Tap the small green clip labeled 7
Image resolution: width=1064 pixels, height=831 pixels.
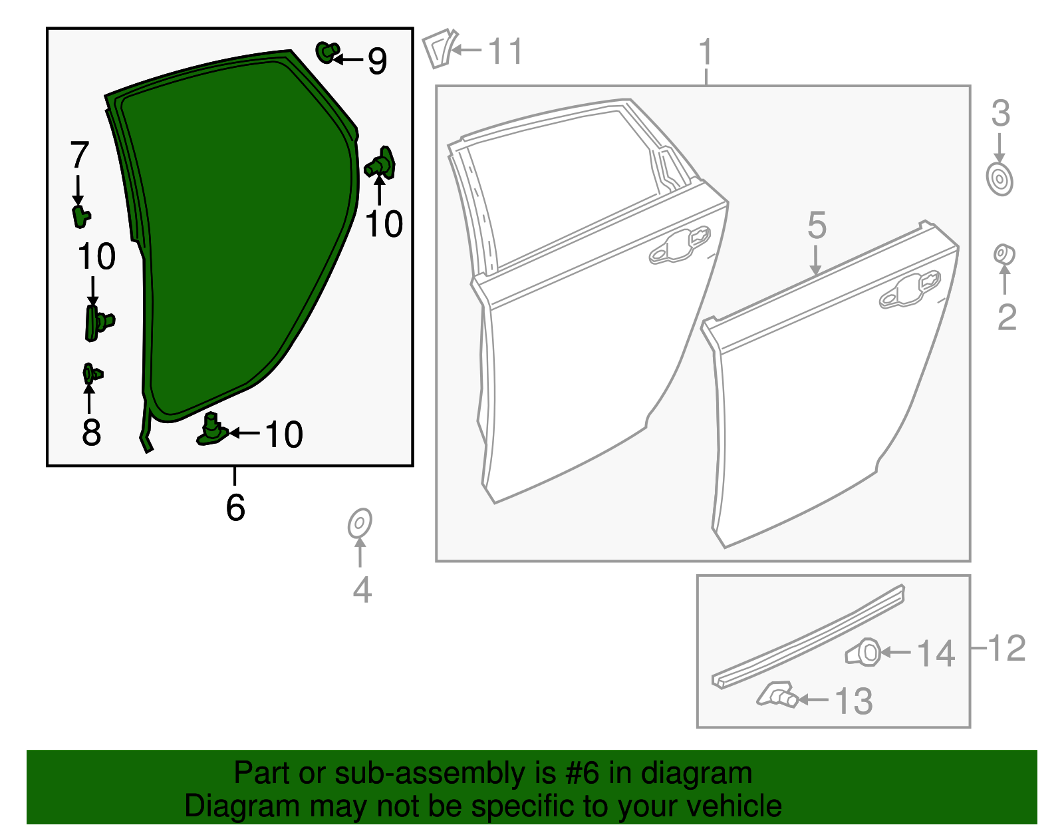tap(80, 216)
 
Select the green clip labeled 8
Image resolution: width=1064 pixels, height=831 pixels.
tap(91, 375)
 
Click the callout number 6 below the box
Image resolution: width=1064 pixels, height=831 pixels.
tap(235, 508)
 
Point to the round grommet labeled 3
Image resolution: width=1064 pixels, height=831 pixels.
tap(999, 180)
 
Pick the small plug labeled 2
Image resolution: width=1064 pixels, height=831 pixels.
tap(1003, 254)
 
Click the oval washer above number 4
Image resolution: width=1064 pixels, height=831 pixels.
tap(360, 524)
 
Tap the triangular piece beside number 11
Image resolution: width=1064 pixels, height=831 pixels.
tap(439, 48)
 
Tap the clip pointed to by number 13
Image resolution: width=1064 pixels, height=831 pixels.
tap(778, 695)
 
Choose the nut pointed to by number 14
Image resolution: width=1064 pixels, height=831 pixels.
tap(864, 652)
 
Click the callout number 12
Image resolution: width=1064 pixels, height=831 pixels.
tap(1007, 648)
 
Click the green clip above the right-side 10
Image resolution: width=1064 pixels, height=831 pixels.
tap(381, 164)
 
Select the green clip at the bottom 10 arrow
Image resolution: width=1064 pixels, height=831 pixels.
tap(212, 430)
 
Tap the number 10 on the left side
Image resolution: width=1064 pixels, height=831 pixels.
tap(96, 257)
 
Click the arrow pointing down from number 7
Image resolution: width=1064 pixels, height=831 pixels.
tap(78, 190)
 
